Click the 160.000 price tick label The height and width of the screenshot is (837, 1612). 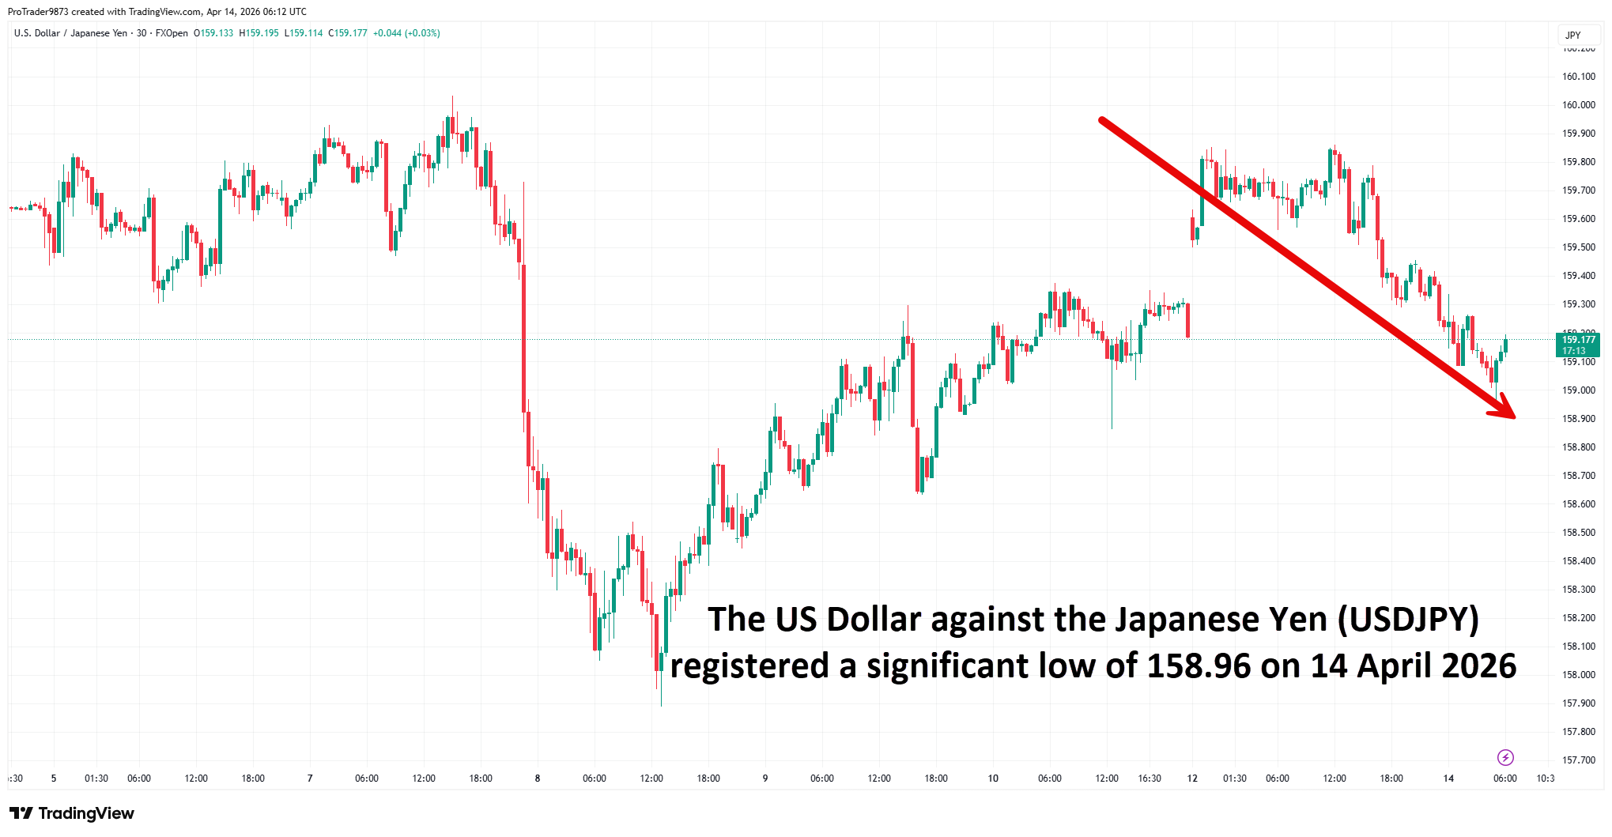tap(1578, 105)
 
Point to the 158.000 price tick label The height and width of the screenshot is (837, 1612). tap(1578, 675)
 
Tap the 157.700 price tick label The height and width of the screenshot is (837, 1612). tap(1578, 760)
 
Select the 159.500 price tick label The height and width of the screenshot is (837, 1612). tap(1578, 247)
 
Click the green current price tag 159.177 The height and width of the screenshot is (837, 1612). tap(1577, 345)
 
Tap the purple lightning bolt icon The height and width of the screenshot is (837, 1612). tap(1505, 758)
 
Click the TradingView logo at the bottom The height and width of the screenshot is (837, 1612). tap(72, 813)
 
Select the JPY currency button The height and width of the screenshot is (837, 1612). tap(1573, 35)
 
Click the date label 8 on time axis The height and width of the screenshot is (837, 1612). tap(538, 779)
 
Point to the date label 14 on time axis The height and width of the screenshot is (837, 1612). tap(1448, 779)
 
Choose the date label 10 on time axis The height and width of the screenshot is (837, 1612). tap(993, 779)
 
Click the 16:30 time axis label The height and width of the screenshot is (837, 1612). tap(1150, 779)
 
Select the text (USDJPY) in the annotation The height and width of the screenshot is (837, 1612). tap(1407, 620)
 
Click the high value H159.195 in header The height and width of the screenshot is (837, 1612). tap(259, 33)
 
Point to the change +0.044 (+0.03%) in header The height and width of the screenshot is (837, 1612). tap(406, 33)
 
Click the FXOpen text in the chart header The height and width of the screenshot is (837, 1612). tap(172, 33)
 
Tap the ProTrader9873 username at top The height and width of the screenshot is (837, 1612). tap(38, 12)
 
